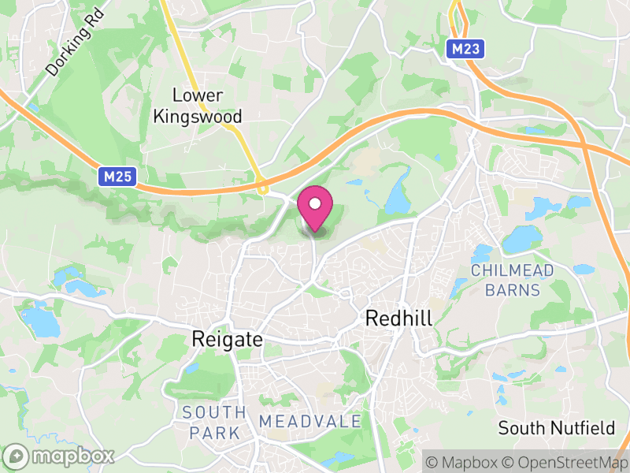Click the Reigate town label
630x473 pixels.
[x=227, y=339]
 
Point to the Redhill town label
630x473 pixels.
[x=399, y=318]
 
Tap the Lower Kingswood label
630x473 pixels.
[x=198, y=106]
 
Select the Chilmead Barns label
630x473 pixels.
[x=513, y=280]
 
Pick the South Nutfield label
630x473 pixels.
[x=557, y=428]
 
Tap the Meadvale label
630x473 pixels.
[x=309, y=422]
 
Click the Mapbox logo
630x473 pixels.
[x=60, y=456]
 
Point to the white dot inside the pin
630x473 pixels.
[x=315, y=203]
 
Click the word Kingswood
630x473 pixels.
[x=198, y=116]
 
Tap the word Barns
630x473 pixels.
[x=513, y=289]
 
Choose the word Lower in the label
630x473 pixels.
[x=198, y=95]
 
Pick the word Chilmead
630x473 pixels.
[x=513, y=270]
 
